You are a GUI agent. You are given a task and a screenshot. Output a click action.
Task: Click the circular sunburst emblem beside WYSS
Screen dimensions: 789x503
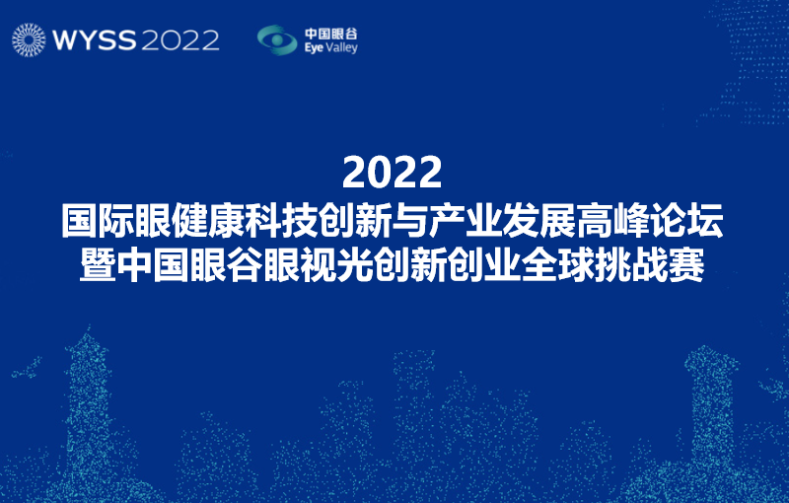click(x=29, y=39)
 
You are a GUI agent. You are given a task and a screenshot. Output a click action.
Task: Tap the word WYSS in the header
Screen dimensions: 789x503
click(x=94, y=40)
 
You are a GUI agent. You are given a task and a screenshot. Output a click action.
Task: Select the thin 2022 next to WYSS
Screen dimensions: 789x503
click(x=180, y=40)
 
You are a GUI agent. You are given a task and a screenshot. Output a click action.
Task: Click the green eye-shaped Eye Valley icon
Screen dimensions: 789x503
click(x=277, y=39)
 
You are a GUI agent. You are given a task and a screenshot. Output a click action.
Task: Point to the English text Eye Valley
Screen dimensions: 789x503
click(x=330, y=47)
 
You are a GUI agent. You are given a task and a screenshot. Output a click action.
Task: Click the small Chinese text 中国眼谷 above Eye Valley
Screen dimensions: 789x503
click(x=330, y=34)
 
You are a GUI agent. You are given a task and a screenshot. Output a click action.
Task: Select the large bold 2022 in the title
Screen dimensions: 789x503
click(x=392, y=173)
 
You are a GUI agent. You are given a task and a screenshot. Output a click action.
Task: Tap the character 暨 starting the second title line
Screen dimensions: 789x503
click(x=98, y=264)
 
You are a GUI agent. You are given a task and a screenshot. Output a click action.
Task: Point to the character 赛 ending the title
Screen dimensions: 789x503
click(x=685, y=264)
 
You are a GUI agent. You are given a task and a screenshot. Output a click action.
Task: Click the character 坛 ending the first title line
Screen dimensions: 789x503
click(x=705, y=220)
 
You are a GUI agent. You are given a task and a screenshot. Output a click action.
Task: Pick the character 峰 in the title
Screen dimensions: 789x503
click(x=631, y=220)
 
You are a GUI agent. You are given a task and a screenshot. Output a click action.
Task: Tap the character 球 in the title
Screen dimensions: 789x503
click(x=576, y=264)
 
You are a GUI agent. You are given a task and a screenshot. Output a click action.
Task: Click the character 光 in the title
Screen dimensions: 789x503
click(x=355, y=264)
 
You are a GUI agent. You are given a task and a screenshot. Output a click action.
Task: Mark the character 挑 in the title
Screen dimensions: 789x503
click(x=612, y=264)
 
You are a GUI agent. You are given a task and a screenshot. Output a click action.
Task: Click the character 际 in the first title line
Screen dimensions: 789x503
click(x=116, y=220)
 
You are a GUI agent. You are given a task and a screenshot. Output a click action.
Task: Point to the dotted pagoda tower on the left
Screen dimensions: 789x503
click(x=88, y=402)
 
